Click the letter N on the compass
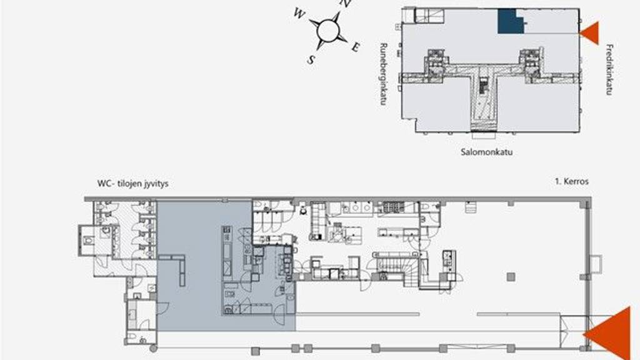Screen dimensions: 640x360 tap(345, 4)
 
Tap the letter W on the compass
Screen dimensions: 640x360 tap(299, 14)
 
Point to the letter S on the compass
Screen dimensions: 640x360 tap(311, 60)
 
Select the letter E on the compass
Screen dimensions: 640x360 tap(356, 47)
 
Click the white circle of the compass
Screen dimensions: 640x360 tap(328, 30)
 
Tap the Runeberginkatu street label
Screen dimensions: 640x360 tap(383, 74)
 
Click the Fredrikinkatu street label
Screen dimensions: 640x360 tap(610, 69)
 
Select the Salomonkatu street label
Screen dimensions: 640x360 tap(486, 152)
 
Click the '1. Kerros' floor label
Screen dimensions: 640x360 tap(571, 181)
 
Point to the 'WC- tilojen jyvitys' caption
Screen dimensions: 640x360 tap(132, 184)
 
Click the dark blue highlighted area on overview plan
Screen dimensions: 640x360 tap(510, 21)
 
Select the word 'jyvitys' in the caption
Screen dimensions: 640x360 tap(154, 184)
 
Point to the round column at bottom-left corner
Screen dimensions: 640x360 tap(153, 348)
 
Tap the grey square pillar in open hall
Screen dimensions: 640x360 tap(511, 277)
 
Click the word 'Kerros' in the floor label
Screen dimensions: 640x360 tap(576, 181)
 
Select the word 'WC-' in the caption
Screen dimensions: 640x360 tap(105, 184)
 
